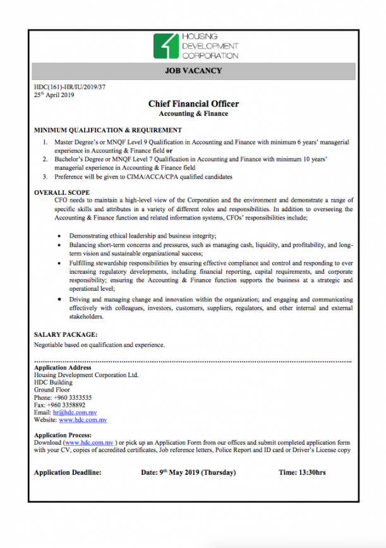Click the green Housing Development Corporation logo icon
point(166,46)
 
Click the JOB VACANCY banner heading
point(193,71)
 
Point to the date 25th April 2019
point(54,95)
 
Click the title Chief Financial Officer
point(193,104)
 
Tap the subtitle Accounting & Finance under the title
point(193,114)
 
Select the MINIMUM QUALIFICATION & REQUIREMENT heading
point(108,130)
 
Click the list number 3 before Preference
point(45,177)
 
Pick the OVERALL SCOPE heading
point(62,192)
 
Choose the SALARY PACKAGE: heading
point(66,334)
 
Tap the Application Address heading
point(63,367)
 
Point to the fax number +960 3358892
point(68,405)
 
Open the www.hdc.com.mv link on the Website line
point(83,420)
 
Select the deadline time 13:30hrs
point(311,472)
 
